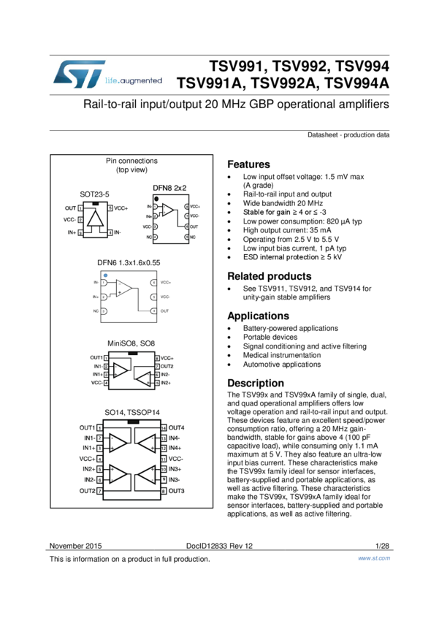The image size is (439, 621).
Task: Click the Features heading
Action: (x=248, y=164)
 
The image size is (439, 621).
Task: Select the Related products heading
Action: (x=269, y=276)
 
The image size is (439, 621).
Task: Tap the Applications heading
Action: (x=258, y=316)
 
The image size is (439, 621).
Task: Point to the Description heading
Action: (x=256, y=383)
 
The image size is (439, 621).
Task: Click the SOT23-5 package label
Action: (x=94, y=194)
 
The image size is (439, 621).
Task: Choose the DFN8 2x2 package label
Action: (x=169, y=188)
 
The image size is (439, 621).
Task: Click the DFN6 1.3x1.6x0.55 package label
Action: (x=129, y=262)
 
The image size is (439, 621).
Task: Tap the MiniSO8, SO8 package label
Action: (x=131, y=343)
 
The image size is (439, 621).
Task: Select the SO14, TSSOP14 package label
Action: (x=131, y=413)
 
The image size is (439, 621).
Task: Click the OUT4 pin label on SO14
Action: (x=177, y=427)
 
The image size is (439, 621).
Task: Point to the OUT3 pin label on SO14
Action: (x=177, y=491)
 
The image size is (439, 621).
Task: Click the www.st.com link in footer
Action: (x=374, y=559)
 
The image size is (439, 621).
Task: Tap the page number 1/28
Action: (x=382, y=546)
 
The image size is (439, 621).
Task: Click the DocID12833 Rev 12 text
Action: (x=219, y=546)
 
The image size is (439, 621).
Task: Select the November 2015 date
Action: (x=75, y=546)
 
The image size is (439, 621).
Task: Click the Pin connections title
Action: (x=131, y=161)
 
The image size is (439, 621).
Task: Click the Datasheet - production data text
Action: (x=348, y=135)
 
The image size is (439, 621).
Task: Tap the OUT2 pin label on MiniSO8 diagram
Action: (x=167, y=366)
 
